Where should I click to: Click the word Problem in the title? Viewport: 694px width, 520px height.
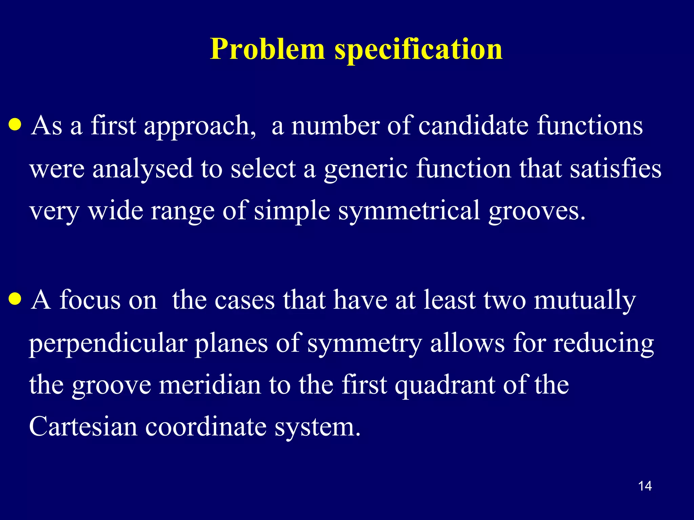pyautogui.click(x=267, y=50)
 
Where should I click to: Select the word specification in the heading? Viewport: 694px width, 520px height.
pyautogui.click(x=419, y=50)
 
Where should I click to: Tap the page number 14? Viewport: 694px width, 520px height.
pyautogui.click(x=645, y=486)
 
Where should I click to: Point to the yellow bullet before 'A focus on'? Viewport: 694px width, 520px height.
pyautogui.click(x=16, y=299)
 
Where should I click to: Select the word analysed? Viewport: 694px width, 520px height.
pyautogui.click(x=142, y=169)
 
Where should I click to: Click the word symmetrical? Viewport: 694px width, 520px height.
pyautogui.click(x=409, y=211)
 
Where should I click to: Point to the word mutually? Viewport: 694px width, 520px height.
pyautogui.click(x=585, y=301)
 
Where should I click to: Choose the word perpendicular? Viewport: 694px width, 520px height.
pyautogui.click(x=108, y=344)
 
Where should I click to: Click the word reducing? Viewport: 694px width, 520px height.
pyautogui.click(x=604, y=344)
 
